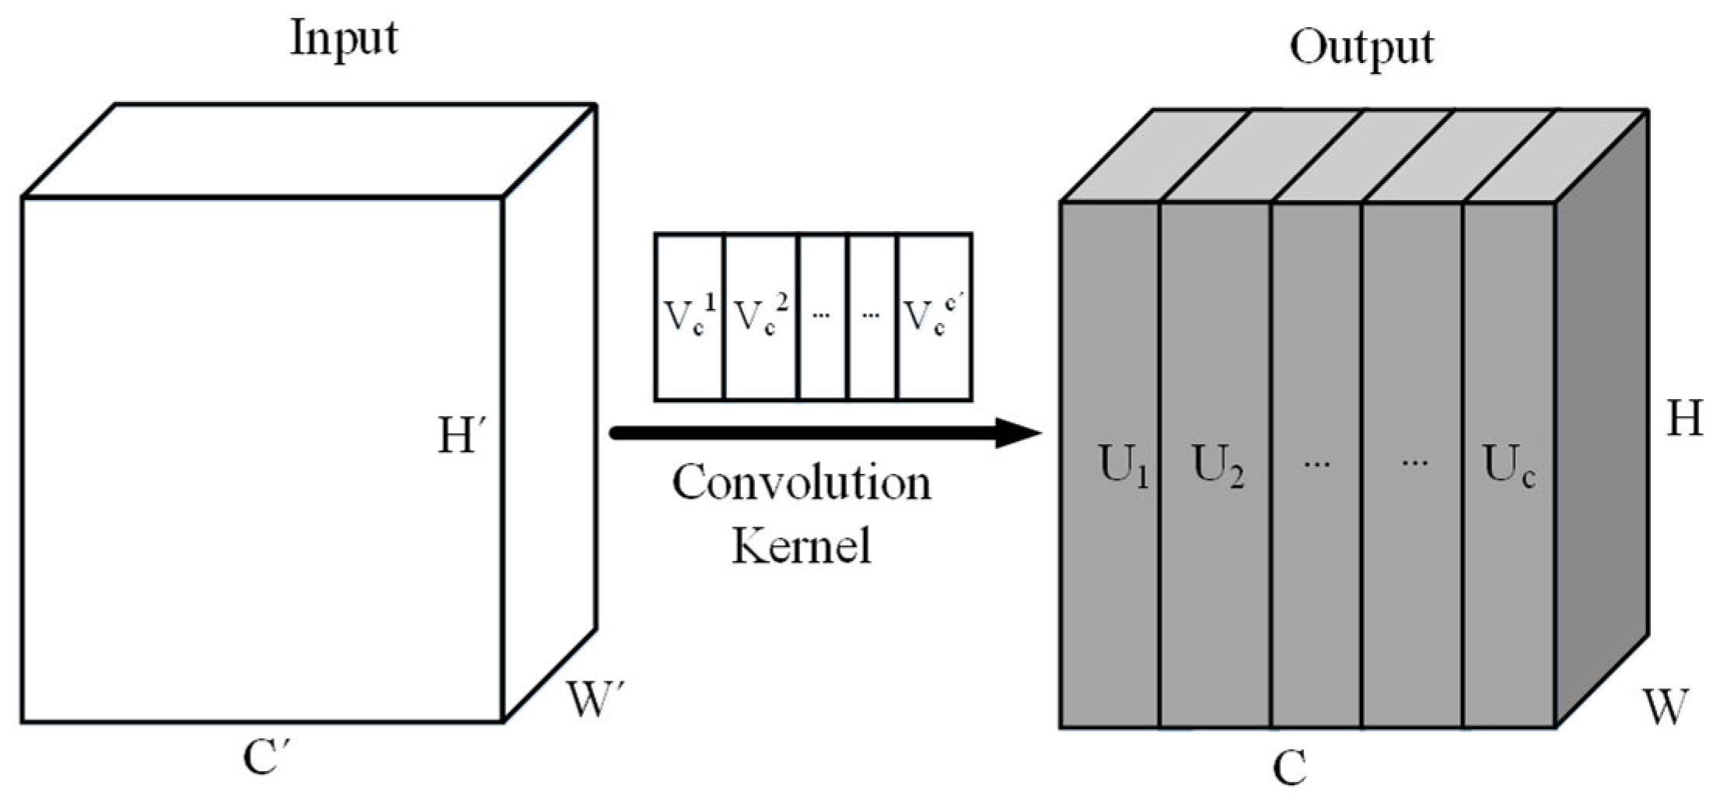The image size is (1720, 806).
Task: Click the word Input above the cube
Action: (343, 39)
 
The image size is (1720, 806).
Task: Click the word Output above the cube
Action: (1361, 48)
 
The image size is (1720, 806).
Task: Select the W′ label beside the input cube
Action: (595, 699)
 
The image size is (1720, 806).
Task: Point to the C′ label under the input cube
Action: (266, 757)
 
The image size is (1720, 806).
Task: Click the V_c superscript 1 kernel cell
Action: (689, 317)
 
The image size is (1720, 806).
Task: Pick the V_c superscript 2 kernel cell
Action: (760, 317)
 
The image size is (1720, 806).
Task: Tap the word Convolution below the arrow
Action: (801, 483)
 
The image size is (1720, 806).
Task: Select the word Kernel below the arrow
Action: (801, 545)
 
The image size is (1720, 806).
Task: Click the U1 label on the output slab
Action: (1122, 466)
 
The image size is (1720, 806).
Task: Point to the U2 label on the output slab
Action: (1217, 466)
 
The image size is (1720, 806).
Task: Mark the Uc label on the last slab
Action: (1508, 466)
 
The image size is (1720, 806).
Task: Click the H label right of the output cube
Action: (1683, 419)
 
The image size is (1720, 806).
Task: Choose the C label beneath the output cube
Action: (1289, 768)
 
